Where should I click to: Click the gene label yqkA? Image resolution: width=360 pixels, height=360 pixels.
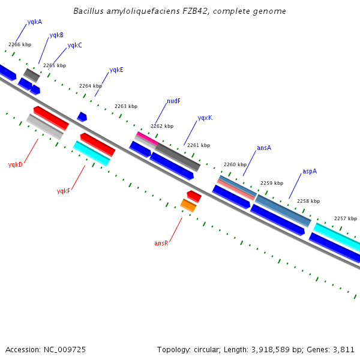pos(34,22)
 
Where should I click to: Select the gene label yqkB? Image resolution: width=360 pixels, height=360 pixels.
pos(56,35)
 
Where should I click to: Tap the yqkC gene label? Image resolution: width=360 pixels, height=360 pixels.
pos(74,46)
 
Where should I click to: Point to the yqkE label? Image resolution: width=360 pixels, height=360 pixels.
pos(116,70)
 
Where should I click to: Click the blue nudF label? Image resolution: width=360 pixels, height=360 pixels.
pos(173,101)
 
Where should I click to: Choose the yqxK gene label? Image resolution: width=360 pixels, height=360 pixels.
pos(205,118)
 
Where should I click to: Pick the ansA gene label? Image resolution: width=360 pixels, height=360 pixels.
pos(264,148)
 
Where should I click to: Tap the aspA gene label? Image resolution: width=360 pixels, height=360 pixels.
pos(310,172)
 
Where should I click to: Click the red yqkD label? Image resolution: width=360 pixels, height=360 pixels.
pos(15,164)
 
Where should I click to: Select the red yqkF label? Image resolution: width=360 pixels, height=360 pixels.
pos(64,191)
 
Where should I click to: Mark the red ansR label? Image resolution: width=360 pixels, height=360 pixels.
pos(161,244)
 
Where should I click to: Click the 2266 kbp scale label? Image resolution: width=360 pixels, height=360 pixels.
pos(20,45)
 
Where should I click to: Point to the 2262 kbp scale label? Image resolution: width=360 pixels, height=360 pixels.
pos(162,127)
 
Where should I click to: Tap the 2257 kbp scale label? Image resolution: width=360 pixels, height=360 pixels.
pos(346,219)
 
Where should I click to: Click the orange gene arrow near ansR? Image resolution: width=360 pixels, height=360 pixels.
pos(188,206)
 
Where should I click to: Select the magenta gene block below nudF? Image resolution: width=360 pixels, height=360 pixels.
pos(147,139)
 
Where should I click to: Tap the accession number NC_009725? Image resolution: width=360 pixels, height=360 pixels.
pos(65,349)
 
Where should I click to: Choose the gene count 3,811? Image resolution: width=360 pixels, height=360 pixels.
pos(343,349)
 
